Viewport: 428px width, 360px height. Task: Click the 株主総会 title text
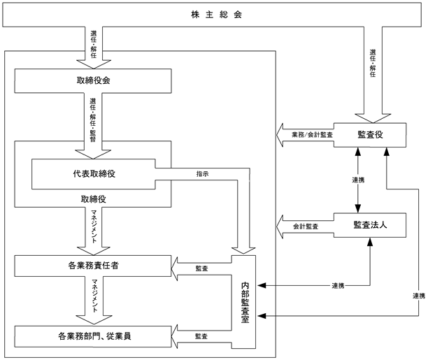coord(217,15)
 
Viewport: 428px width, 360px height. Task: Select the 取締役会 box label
coord(93,80)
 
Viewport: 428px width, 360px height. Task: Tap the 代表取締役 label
coord(94,174)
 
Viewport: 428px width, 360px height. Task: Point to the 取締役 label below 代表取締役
coord(93,199)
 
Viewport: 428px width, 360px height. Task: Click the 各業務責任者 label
coord(93,266)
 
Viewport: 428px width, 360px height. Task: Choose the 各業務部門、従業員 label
coord(94,336)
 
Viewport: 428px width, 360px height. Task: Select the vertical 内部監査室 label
coord(245,303)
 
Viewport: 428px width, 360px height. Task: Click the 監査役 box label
coord(370,134)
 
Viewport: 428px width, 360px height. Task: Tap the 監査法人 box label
coord(370,225)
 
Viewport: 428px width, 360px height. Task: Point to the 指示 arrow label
coord(203,174)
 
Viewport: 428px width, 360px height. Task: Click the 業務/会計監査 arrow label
coord(313,134)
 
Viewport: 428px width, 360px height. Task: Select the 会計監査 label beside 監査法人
coord(306,226)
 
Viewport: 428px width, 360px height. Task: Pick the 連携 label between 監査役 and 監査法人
coord(358,180)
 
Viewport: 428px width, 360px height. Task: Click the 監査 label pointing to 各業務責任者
coord(201,268)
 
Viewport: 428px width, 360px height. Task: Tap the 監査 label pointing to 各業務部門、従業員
coord(201,336)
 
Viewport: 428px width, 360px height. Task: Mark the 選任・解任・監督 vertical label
coord(93,120)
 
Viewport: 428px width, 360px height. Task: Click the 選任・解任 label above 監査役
coord(373,63)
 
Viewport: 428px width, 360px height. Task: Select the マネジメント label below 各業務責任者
coord(94,296)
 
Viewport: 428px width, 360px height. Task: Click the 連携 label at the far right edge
coord(419,296)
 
